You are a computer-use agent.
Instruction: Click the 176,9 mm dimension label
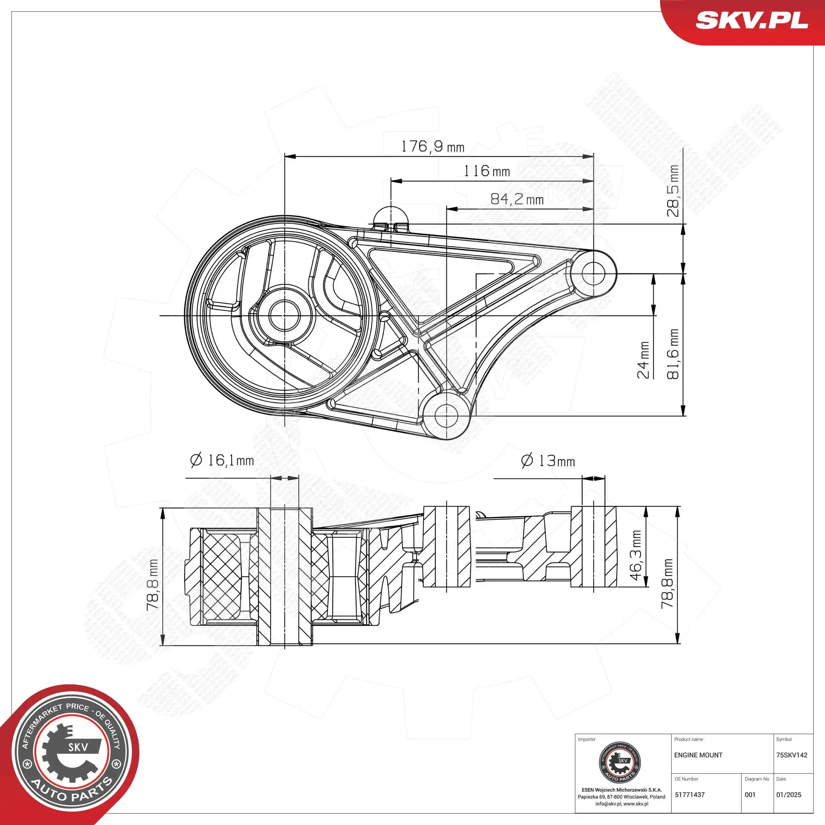pos(432,147)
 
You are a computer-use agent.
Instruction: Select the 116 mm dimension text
pos(486,171)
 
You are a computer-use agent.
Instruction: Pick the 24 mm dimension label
pos(643,360)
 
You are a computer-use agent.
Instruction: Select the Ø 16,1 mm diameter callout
pos(222,460)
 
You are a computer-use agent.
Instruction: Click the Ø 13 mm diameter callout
pos(548,461)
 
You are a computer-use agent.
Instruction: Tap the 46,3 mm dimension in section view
pos(636,555)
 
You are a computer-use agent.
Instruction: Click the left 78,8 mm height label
pos(152,585)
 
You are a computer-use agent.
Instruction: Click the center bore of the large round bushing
pos(284,315)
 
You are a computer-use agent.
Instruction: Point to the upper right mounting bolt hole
pos(594,273)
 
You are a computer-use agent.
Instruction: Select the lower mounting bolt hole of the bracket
pos(446,414)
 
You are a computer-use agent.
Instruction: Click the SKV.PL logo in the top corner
pos(751,20)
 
